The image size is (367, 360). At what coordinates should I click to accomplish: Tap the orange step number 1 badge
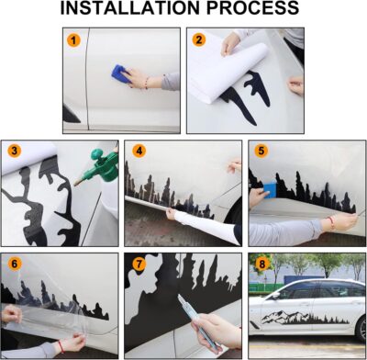[73, 41]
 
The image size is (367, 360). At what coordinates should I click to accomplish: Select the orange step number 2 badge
[198, 40]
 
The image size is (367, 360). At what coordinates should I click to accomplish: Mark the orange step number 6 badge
[15, 264]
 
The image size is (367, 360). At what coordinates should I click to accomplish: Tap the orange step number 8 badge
[262, 264]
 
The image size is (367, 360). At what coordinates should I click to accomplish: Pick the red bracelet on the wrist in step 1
[145, 85]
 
